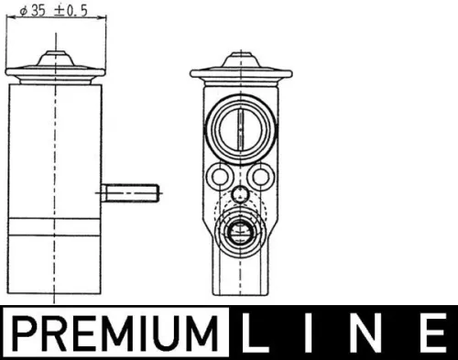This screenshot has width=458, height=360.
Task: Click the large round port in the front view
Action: click(x=237, y=125)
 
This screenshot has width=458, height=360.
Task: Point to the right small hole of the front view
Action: click(x=259, y=175)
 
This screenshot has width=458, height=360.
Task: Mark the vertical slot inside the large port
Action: click(x=237, y=125)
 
